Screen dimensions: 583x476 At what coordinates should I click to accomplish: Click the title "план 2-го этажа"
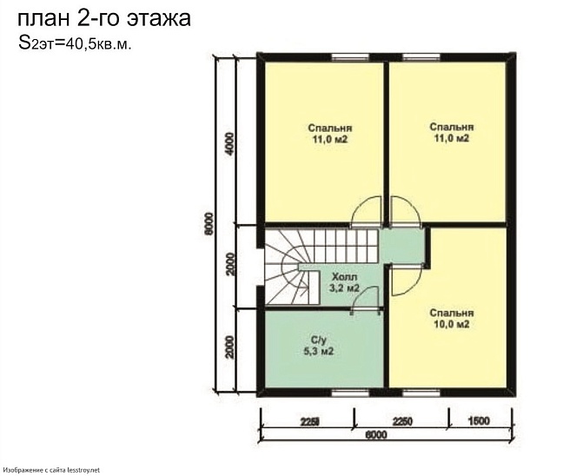coord(104,18)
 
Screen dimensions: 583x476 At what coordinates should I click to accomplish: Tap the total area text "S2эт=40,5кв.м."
coord(75,43)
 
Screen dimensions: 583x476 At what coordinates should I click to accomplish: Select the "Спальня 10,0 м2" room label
coord(452,319)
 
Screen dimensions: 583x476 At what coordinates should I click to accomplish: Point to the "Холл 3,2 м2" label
coord(344,282)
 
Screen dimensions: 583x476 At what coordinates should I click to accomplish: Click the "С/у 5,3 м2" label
coord(319,345)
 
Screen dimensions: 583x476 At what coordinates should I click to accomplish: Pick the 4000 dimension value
coord(230,144)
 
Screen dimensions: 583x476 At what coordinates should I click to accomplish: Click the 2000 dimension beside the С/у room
coord(229,347)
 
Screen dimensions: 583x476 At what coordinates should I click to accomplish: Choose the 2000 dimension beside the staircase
coord(229,264)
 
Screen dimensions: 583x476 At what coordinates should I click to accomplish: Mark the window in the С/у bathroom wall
coord(349,393)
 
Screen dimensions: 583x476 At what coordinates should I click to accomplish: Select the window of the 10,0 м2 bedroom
coord(421,393)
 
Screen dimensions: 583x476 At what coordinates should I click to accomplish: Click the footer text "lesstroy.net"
coord(87,470)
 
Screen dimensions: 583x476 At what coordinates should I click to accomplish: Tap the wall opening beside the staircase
coord(261,267)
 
